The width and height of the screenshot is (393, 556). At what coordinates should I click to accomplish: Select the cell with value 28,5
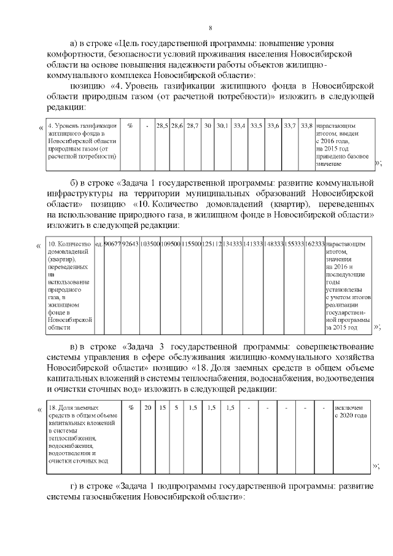(162, 125)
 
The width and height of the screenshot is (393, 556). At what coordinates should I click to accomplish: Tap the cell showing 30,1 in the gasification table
(222, 125)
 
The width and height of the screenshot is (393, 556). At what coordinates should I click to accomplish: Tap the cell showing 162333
(314, 244)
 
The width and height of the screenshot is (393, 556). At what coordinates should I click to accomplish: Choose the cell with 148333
(273, 244)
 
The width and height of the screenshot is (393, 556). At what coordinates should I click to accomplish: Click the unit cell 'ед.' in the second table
(98, 244)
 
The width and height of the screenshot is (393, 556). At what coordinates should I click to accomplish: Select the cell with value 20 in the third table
(147, 408)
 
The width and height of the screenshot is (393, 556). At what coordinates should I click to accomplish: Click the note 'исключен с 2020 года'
(351, 412)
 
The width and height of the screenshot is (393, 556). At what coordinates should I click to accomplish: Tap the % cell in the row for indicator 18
(131, 408)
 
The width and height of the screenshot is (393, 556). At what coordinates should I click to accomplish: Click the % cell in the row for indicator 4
(130, 125)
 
